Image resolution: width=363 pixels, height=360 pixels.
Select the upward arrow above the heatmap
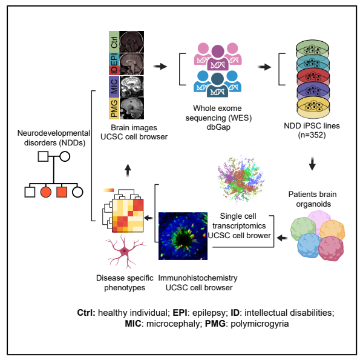click(x=126, y=172)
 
